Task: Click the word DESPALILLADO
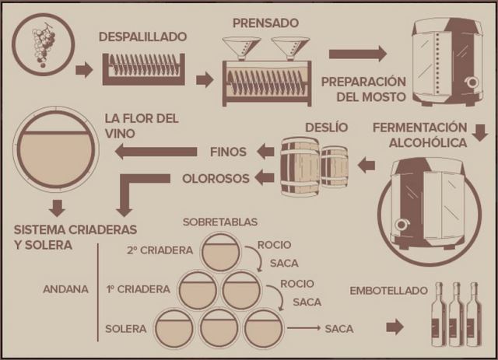[142, 37]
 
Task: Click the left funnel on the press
[241, 48]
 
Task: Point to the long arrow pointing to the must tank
[357, 54]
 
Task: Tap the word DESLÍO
[327, 128]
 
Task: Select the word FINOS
[228, 151]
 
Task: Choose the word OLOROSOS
[216, 178]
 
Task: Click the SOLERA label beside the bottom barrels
[126, 329]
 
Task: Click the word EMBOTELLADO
[389, 290]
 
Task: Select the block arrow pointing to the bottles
[395, 327]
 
